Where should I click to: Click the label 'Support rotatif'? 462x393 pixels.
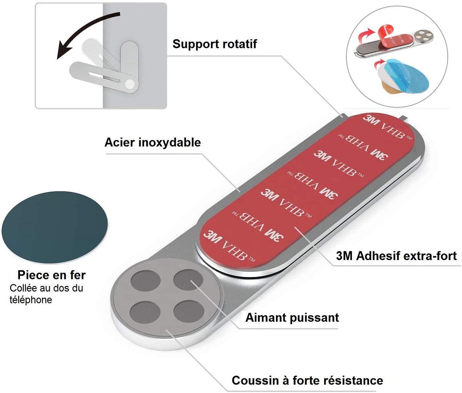[x=214, y=44]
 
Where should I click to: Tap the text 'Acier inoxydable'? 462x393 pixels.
[x=152, y=142]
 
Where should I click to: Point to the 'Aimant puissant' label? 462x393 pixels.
[x=292, y=317]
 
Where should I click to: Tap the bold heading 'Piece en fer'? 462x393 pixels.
[x=52, y=275]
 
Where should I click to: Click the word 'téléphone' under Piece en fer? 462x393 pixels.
[x=30, y=300]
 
